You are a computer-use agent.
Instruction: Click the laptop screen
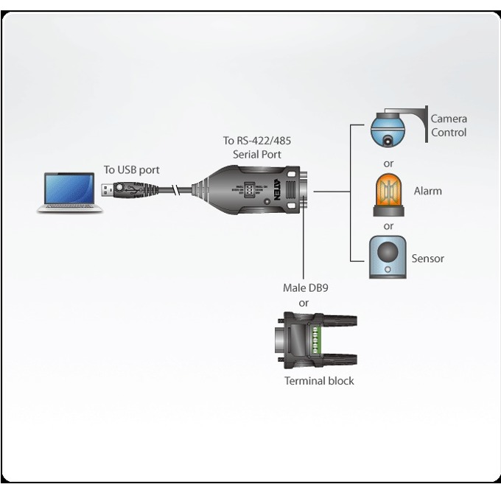tap(69, 189)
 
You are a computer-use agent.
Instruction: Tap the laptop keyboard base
tap(70, 209)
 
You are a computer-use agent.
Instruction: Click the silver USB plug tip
tap(107, 190)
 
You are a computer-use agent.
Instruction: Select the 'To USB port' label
tap(131, 169)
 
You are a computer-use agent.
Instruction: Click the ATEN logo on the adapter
tap(277, 189)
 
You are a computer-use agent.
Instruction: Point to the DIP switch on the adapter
tap(249, 190)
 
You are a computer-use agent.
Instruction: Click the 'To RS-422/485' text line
tap(257, 141)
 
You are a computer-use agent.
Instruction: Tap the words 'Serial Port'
tap(257, 155)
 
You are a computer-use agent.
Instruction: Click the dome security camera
tap(388, 130)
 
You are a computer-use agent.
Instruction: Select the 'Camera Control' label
tap(449, 125)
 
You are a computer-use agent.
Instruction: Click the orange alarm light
tap(388, 195)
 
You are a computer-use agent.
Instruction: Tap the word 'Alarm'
tap(428, 191)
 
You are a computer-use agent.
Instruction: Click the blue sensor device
tap(388, 257)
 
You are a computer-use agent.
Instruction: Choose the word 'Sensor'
tap(428, 259)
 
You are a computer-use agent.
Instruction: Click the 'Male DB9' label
tap(306, 288)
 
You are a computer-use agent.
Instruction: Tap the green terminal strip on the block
tap(315, 340)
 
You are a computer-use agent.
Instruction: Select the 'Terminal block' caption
tap(319, 381)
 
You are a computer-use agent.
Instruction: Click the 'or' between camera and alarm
tap(388, 164)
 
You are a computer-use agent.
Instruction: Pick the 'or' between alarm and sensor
tap(388, 226)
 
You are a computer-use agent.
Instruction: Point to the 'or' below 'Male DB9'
tap(304, 303)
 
